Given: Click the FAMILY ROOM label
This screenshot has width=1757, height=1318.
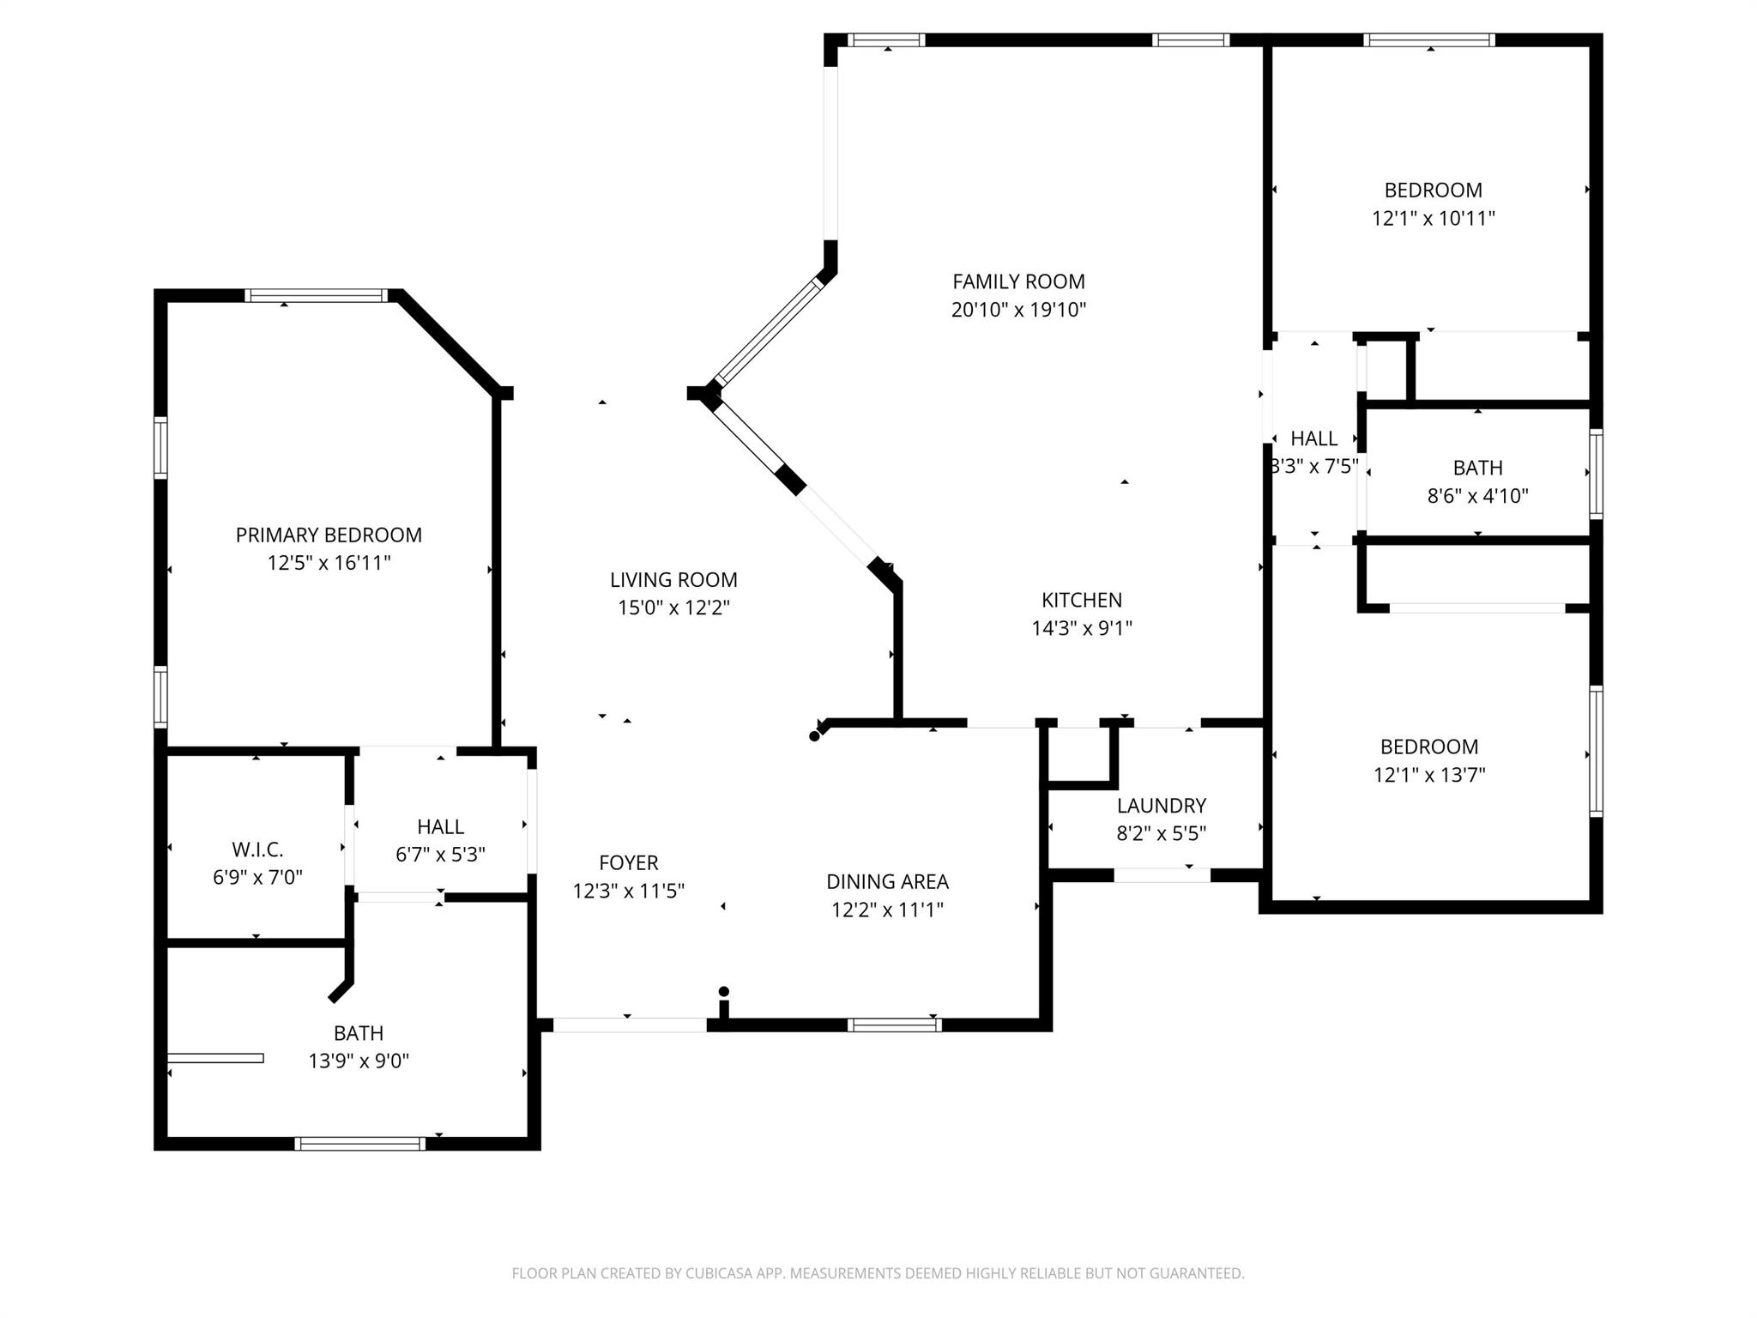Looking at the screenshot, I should tap(1018, 281).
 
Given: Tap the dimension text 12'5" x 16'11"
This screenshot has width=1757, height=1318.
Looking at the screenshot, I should tap(329, 563).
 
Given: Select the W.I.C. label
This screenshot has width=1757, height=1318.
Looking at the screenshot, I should tap(257, 849).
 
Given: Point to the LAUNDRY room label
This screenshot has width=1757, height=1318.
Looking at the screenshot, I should tap(1161, 806).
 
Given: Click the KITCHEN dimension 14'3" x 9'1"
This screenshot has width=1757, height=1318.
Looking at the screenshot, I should tap(1081, 628).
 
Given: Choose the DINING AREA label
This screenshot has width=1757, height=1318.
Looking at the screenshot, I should tap(887, 881).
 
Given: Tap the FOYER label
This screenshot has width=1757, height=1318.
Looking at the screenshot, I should tap(628, 862).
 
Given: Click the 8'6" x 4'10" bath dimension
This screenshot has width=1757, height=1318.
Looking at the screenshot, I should tap(1477, 496).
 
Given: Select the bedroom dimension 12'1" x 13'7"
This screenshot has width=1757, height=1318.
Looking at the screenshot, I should tap(1429, 775).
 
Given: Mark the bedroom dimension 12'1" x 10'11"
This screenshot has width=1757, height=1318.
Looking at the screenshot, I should tap(1433, 218).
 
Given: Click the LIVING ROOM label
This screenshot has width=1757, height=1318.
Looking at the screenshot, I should tap(673, 580).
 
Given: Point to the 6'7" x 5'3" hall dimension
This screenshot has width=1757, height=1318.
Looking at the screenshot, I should tap(440, 855).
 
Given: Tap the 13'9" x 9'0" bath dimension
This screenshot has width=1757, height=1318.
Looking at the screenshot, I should tap(359, 1061).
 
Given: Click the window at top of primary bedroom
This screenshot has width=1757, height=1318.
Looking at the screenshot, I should tap(316, 296).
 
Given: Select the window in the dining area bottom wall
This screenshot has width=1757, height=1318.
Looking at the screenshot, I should tap(894, 1025).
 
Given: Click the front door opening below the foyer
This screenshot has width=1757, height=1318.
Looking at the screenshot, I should tap(629, 1025).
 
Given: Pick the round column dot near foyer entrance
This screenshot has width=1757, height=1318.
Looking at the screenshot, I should tap(723, 992).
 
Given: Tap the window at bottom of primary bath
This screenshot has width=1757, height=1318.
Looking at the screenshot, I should tap(359, 1143).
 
